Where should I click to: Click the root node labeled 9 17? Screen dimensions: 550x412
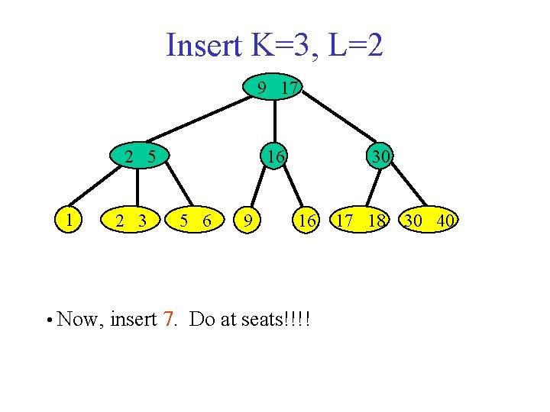pyautogui.click(x=276, y=89)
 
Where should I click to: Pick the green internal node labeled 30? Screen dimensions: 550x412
pyautogui.click(x=380, y=156)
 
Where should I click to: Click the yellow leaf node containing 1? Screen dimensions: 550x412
pyautogui.click(x=70, y=220)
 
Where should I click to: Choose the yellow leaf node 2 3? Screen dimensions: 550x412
pyautogui.click(x=132, y=221)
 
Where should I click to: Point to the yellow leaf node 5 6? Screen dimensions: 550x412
pyautogui.click(x=196, y=221)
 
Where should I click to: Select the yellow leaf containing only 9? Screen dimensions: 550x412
pyautogui.click(x=246, y=221)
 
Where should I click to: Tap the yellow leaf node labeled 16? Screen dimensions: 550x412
pyautogui.click(x=306, y=221)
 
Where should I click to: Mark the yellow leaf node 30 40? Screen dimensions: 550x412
pyautogui.click(x=431, y=221)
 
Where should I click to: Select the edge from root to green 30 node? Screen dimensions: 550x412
pyautogui.click(x=342, y=120)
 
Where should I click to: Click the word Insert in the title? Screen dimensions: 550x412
pyautogui.click(x=201, y=47)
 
